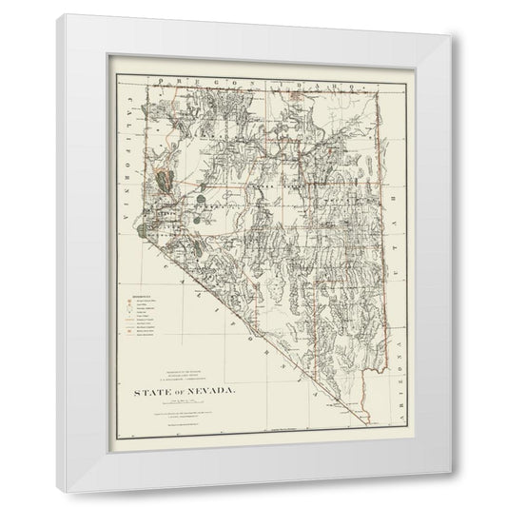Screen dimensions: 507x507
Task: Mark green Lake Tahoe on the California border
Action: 143,228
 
